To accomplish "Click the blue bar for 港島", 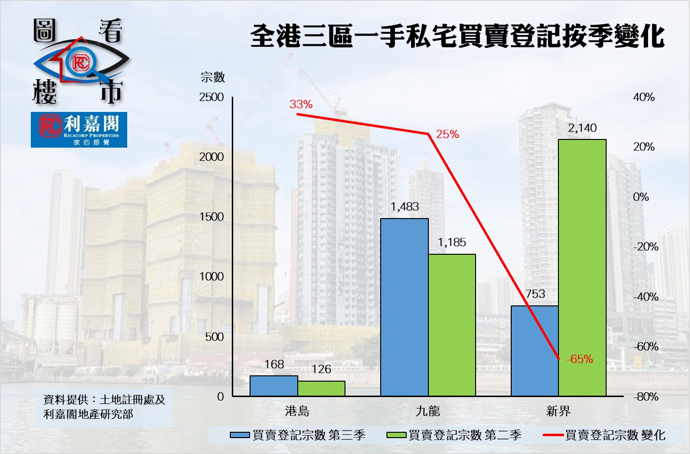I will coord(274,386).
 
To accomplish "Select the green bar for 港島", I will coord(321,388).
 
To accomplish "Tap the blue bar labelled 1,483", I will coord(404,307).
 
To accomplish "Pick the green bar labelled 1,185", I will coord(452,325).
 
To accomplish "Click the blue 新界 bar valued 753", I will coord(535,351).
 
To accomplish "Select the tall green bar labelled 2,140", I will coord(582,268).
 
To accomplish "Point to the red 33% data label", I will coord(301,104).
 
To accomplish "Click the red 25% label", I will coord(448,135).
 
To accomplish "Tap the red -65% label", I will coord(580,359).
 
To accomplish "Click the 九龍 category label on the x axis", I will coord(428,411).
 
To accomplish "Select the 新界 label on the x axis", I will coord(558,411).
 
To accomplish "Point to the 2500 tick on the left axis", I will coord(212,97).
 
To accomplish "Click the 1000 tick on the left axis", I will coord(212,276).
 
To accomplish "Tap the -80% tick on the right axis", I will coord(646,397).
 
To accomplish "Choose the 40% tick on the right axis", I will coord(644,97).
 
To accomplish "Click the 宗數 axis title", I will coord(212,77).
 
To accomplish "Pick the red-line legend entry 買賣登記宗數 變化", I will coord(604,435).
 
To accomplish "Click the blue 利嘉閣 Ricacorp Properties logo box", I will coord(79,129).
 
